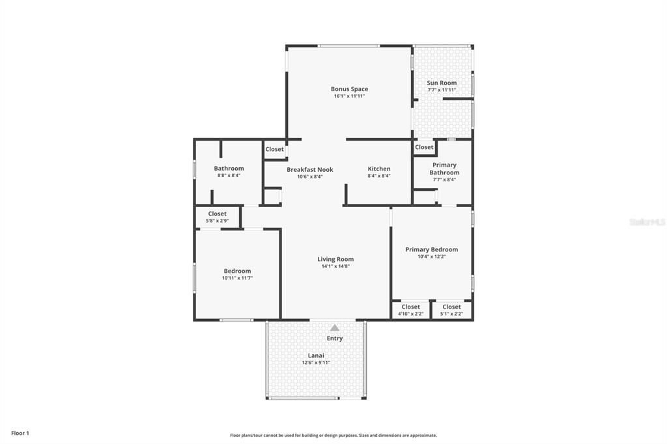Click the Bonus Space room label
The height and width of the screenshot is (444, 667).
pyautogui.click(x=349, y=89)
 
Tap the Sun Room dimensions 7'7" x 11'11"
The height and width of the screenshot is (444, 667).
pyautogui.click(x=442, y=90)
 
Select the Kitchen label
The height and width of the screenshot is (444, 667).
pyautogui.click(x=379, y=169)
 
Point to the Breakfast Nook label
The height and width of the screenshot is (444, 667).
pyautogui.click(x=310, y=169)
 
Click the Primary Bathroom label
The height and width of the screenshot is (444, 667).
pyautogui.click(x=444, y=169)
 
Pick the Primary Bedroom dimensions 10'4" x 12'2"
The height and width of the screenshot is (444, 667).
pyautogui.click(x=431, y=257)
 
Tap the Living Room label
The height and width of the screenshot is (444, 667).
pyautogui.click(x=335, y=259)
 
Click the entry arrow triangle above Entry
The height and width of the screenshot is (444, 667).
pyautogui.click(x=334, y=328)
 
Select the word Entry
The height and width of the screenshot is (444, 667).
pyautogui.click(x=335, y=339)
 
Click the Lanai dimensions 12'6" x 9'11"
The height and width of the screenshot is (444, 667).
pyautogui.click(x=316, y=363)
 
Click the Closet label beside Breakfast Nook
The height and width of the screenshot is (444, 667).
pyautogui.click(x=275, y=149)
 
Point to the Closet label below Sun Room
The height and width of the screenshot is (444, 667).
pyautogui.click(x=424, y=147)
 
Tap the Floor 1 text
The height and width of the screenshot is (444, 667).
pyautogui.click(x=20, y=433)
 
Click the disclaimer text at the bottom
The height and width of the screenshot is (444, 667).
pyautogui.click(x=333, y=435)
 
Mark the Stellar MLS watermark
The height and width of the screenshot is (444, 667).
pyautogui.click(x=647, y=222)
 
